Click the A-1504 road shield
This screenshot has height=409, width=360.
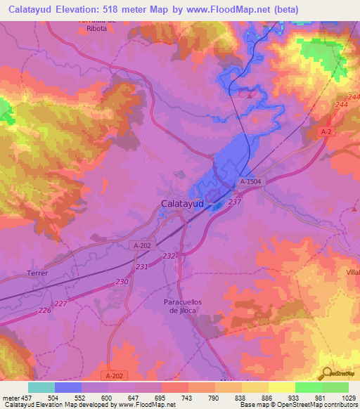tap(252, 181)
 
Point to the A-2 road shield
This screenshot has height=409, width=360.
tap(326, 131)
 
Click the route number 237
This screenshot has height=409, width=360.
tap(235, 202)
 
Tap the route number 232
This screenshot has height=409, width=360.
tap(168, 257)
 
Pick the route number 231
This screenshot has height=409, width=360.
tap(143, 267)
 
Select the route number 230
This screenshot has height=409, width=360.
tap(122, 282)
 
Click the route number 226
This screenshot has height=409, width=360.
tap(45, 310)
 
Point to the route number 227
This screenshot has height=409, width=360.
tap(62, 304)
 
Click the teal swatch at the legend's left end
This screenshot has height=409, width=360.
tap(41, 387)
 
